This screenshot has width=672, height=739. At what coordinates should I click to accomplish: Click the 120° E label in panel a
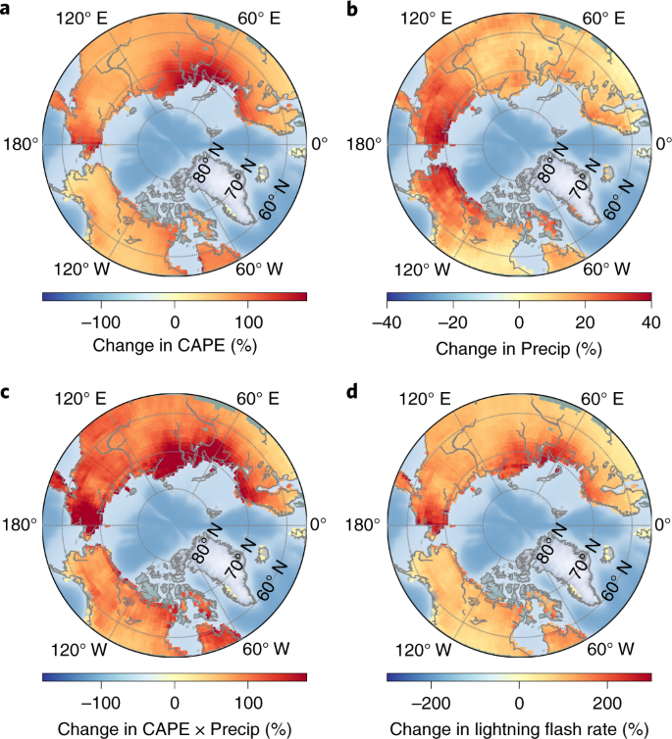tap(81, 19)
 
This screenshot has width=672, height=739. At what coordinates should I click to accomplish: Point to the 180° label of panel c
tap(23, 524)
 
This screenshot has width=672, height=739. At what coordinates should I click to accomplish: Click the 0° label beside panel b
tap(661, 145)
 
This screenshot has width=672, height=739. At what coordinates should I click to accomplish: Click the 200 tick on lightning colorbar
tap(608, 702)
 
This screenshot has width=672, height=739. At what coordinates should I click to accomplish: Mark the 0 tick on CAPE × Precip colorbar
tap(175, 702)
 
